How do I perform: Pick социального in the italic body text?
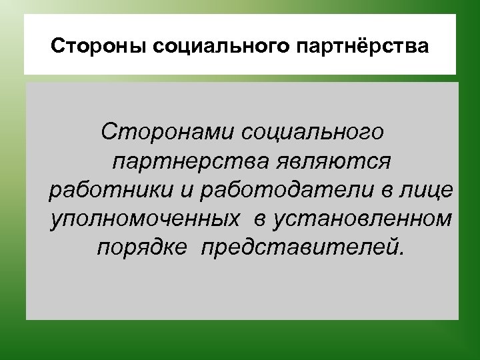[x=312, y=131]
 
